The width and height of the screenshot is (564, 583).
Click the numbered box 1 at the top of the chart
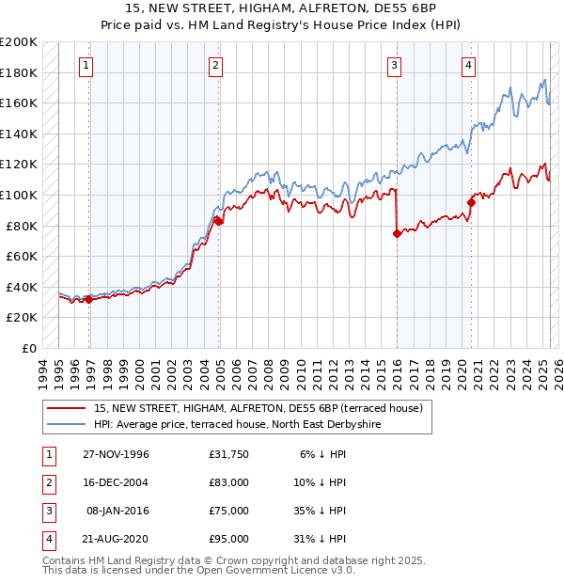[86, 65]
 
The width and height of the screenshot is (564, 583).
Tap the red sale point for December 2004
[218, 221]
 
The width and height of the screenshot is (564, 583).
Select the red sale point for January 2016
[397, 233]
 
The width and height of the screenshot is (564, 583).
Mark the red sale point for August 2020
[471, 202]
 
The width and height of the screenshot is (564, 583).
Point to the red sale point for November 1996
[89, 299]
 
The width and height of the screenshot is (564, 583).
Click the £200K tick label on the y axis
[19, 42]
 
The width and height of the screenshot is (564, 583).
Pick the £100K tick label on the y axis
[19, 195]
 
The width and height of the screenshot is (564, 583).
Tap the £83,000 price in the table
[229, 482]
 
